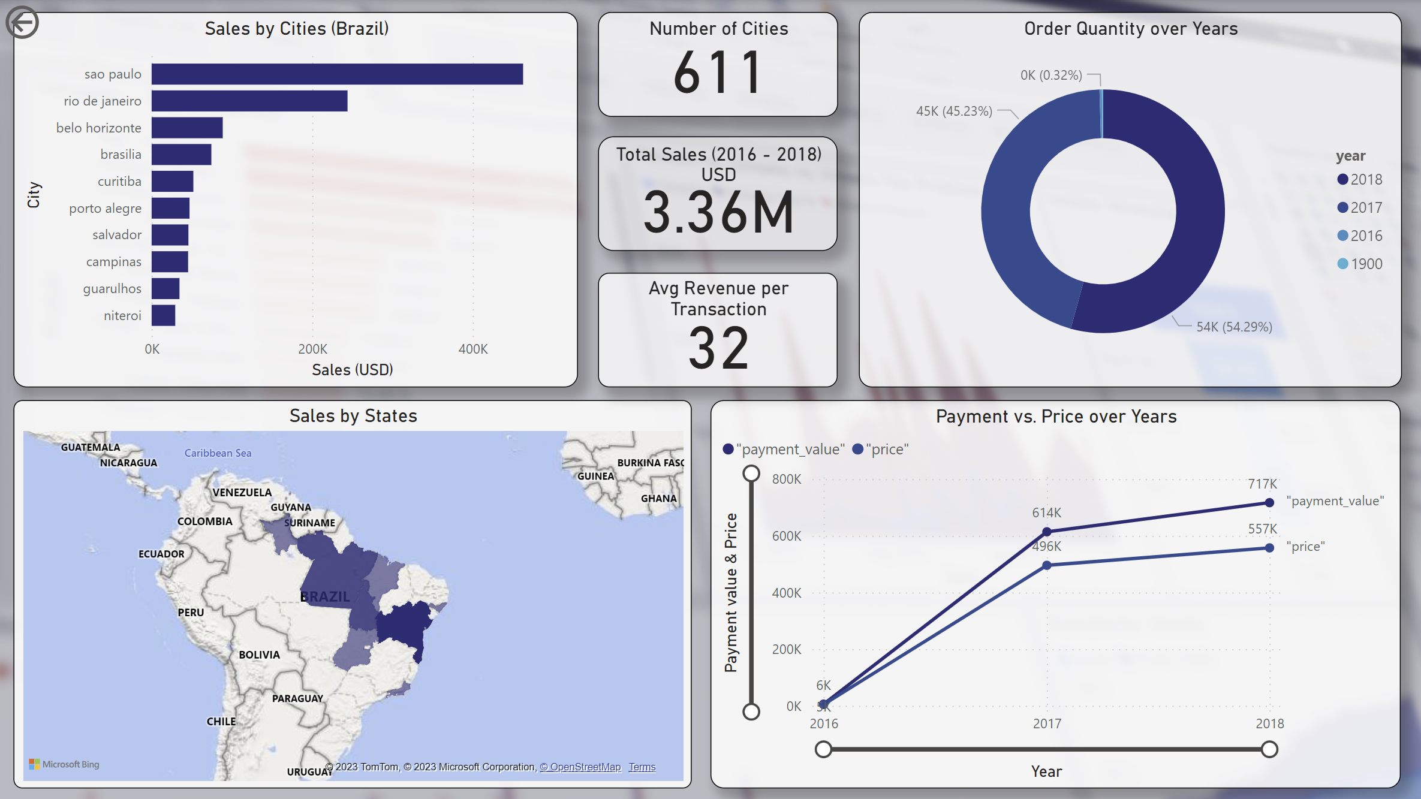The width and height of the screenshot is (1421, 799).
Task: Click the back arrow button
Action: [x=22, y=23]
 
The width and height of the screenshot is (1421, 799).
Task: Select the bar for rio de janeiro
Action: [x=249, y=101]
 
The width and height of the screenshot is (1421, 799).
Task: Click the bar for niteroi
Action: [x=163, y=315]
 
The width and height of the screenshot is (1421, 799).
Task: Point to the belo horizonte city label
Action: [x=99, y=128]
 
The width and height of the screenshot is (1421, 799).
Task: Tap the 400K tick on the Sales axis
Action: [x=472, y=349]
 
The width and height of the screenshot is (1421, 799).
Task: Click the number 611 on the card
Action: [x=718, y=73]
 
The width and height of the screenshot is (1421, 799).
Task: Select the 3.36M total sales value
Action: [x=718, y=212]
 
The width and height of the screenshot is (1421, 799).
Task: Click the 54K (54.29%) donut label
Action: [x=1234, y=327]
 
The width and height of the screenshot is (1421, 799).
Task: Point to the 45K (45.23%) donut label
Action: [x=954, y=111]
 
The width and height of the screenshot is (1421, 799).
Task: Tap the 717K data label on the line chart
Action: [x=1262, y=484]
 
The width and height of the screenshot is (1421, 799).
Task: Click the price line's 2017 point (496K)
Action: [x=1046, y=565]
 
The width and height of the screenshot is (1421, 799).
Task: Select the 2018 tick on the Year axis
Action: [x=1269, y=723]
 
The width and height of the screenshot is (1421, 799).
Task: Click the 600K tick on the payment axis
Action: [x=786, y=536]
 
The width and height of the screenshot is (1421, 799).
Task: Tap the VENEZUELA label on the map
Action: [x=242, y=492]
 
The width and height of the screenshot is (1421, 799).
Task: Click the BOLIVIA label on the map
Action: [x=259, y=655]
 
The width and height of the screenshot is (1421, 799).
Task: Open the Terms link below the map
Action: [x=642, y=767]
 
